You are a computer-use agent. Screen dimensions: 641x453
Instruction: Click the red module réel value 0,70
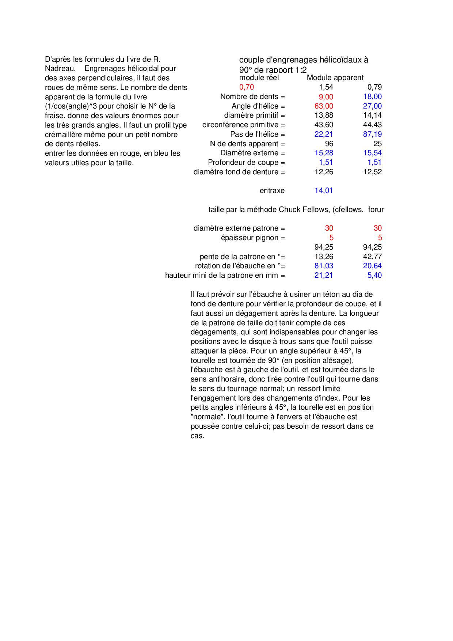247,87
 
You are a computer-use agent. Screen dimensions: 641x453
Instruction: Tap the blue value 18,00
372,96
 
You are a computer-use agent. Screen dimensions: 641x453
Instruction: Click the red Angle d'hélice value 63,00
324,106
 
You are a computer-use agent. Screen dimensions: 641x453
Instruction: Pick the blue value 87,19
372,134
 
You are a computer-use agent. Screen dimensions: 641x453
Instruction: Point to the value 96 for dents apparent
329,144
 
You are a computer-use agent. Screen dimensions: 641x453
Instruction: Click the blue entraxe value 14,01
324,190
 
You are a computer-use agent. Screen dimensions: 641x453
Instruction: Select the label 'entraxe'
272,190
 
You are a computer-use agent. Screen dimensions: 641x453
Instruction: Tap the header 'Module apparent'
335,77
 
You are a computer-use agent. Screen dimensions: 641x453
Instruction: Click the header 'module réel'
259,77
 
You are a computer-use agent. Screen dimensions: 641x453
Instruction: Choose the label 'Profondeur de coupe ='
246,162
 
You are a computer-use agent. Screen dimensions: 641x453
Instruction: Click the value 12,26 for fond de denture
324,172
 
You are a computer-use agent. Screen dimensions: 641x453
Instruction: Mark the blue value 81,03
324,266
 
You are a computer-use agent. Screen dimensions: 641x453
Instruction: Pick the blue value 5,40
374,275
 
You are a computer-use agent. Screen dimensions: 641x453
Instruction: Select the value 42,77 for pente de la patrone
372,257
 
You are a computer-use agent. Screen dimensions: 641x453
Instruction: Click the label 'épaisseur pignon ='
253,238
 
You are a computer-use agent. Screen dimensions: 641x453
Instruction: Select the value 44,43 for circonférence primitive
372,125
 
